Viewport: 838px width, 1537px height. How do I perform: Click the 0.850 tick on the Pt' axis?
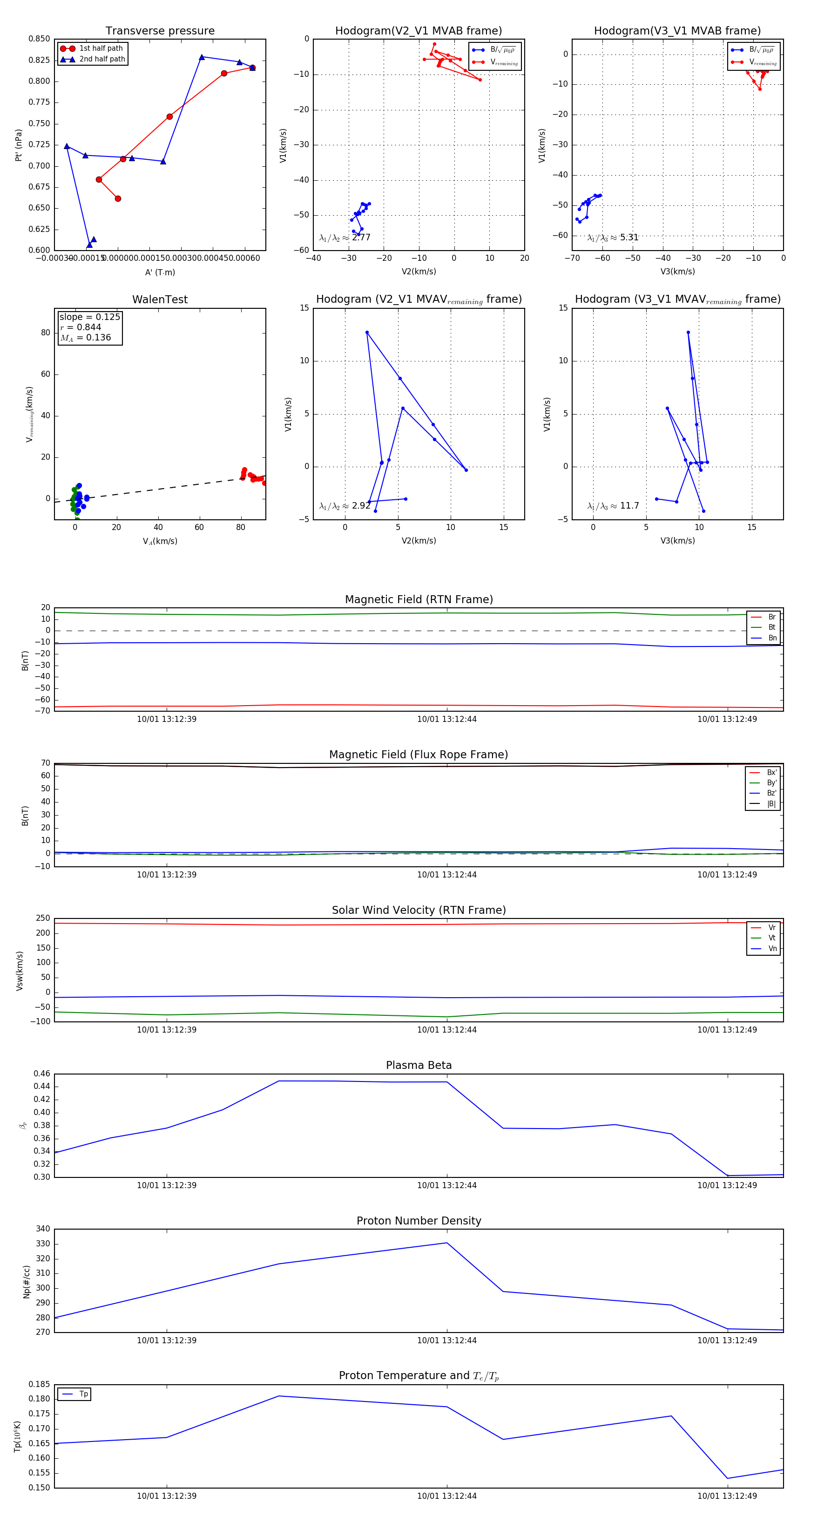click(x=40, y=39)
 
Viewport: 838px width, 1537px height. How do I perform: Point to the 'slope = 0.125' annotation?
click(x=89, y=317)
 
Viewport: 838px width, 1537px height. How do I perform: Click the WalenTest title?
click(x=160, y=299)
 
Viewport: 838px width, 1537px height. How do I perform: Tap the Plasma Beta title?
click(x=419, y=1065)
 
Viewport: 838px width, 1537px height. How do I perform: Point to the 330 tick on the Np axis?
click(x=43, y=1244)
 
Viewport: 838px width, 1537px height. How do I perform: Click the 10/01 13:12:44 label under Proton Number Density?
click(x=447, y=1340)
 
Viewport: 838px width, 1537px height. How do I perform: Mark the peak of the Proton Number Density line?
click(x=447, y=1243)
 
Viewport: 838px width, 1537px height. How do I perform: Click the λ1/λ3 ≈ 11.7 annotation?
click(x=613, y=506)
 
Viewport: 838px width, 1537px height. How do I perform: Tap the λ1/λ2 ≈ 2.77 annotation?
click(x=345, y=238)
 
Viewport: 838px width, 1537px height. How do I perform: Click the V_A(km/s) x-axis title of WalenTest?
click(x=160, y=541)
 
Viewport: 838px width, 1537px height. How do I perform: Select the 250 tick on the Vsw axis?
click(x=43, y=918)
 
